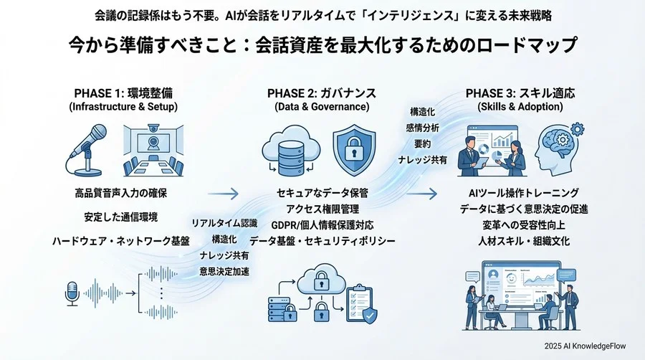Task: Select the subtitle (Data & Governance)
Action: pyautogui.click(x=322, y=107)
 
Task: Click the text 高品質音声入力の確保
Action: pyautogui.click(x=120, y=193)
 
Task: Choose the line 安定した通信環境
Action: pyautogui.click(x=120, y=217)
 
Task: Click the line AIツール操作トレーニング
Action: pyautogui.click(x=522, y=193)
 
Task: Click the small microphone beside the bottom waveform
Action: pyautogui.click(x=72, y=293)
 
